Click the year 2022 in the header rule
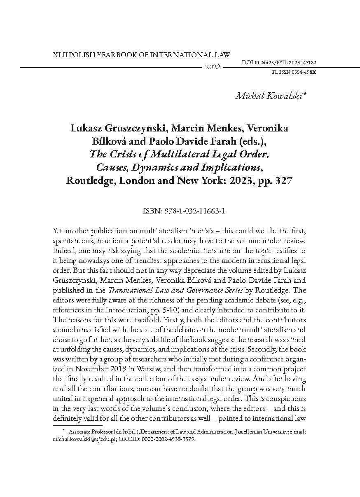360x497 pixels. coord(213,67)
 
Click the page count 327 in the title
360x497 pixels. coord(283,181)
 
